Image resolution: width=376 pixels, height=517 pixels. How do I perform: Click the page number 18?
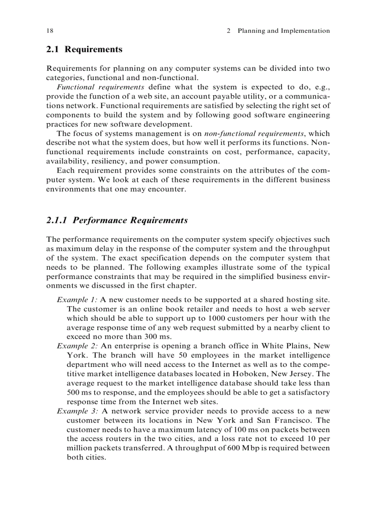tap(50, 31)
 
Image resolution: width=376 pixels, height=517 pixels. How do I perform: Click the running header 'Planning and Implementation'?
tap(283, 31)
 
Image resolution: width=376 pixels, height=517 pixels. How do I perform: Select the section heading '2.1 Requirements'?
tap(84, 49)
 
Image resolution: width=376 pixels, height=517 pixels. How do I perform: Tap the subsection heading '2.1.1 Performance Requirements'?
tap(117, 220)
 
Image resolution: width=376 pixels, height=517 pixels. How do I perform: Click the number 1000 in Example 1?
tap(217, 318)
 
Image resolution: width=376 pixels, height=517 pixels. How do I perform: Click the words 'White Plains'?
tap(283, 346)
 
